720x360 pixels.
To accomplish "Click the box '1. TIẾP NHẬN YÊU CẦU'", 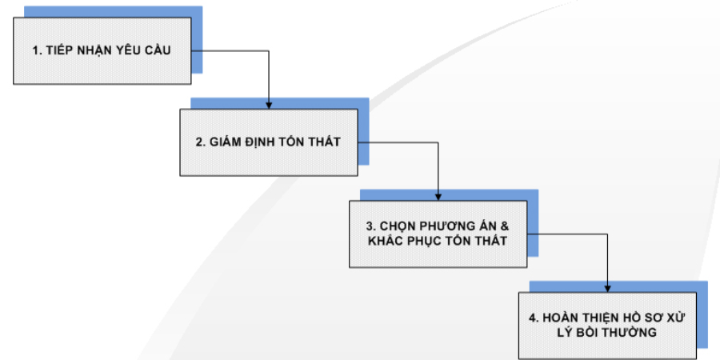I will tap(102, 50).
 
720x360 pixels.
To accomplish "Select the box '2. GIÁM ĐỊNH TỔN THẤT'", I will tap(268, 142).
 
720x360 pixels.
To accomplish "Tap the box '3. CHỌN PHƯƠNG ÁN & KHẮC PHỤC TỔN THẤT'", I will tap(438, 233).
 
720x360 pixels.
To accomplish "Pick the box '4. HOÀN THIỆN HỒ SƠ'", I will tap(606, 325).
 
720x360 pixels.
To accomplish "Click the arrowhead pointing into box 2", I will tap(269, 105).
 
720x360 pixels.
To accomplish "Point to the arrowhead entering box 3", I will tap(438, 195).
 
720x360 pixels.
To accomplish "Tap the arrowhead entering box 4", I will tap(607, 287).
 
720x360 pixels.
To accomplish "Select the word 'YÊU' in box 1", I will tap(131, 50).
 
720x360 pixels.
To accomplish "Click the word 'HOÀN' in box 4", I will tap(562, 318).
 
